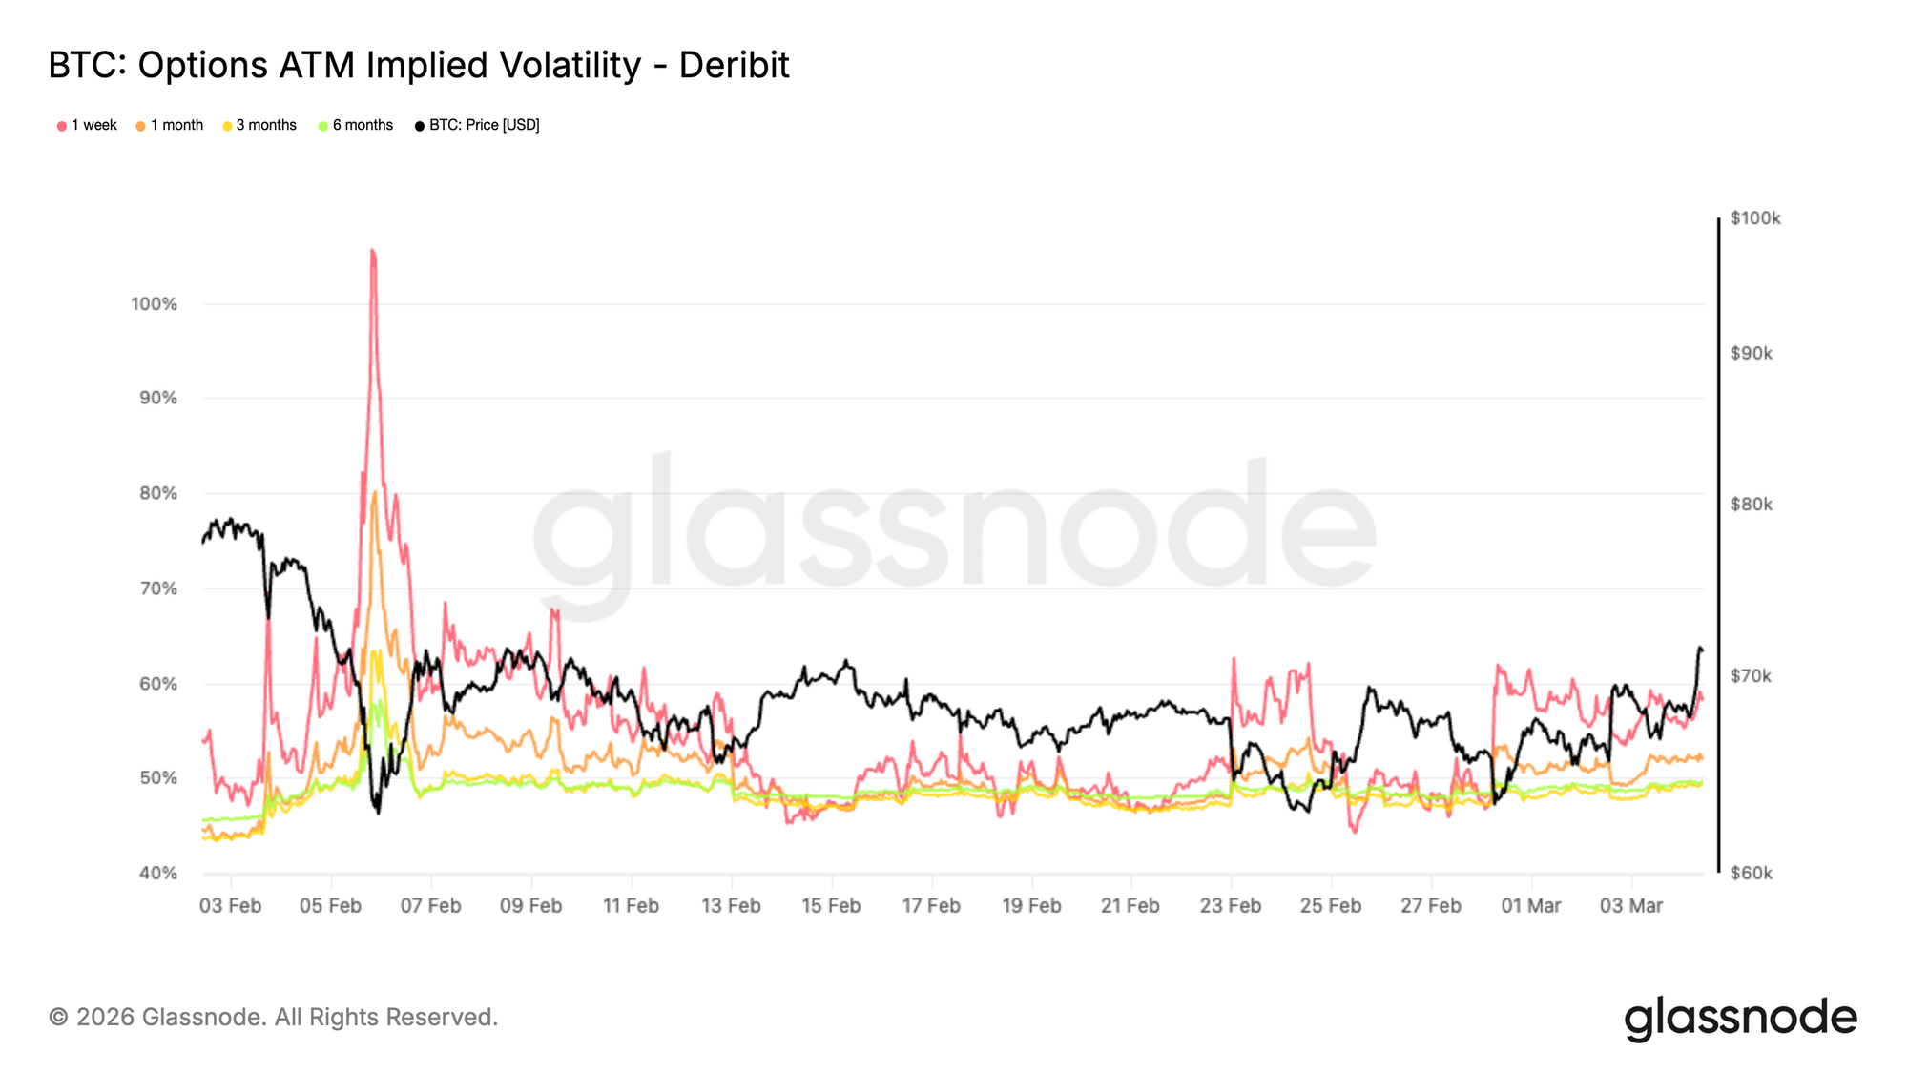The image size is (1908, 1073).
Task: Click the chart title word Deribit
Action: click(734, 65)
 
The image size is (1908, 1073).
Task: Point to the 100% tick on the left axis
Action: click(155, 304)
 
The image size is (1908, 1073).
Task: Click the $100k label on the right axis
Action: click(1755, 218)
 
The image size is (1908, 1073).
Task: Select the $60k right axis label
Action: click(1752, 873)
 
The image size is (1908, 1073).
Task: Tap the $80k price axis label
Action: click(1752, 505)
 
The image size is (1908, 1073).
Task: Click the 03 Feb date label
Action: click(230, 905)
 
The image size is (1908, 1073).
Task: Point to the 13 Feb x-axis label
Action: click(731, 905)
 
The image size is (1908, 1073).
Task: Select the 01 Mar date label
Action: click(1530, 905)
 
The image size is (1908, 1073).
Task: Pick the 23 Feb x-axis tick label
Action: click(1231, 905)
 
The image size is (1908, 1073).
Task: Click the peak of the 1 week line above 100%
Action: click(372, 251)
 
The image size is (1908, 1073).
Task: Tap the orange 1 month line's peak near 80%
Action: click(374, 493)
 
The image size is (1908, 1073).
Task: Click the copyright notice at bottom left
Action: click(273, 1017)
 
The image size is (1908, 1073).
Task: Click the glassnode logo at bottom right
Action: click(1740, 1018)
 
